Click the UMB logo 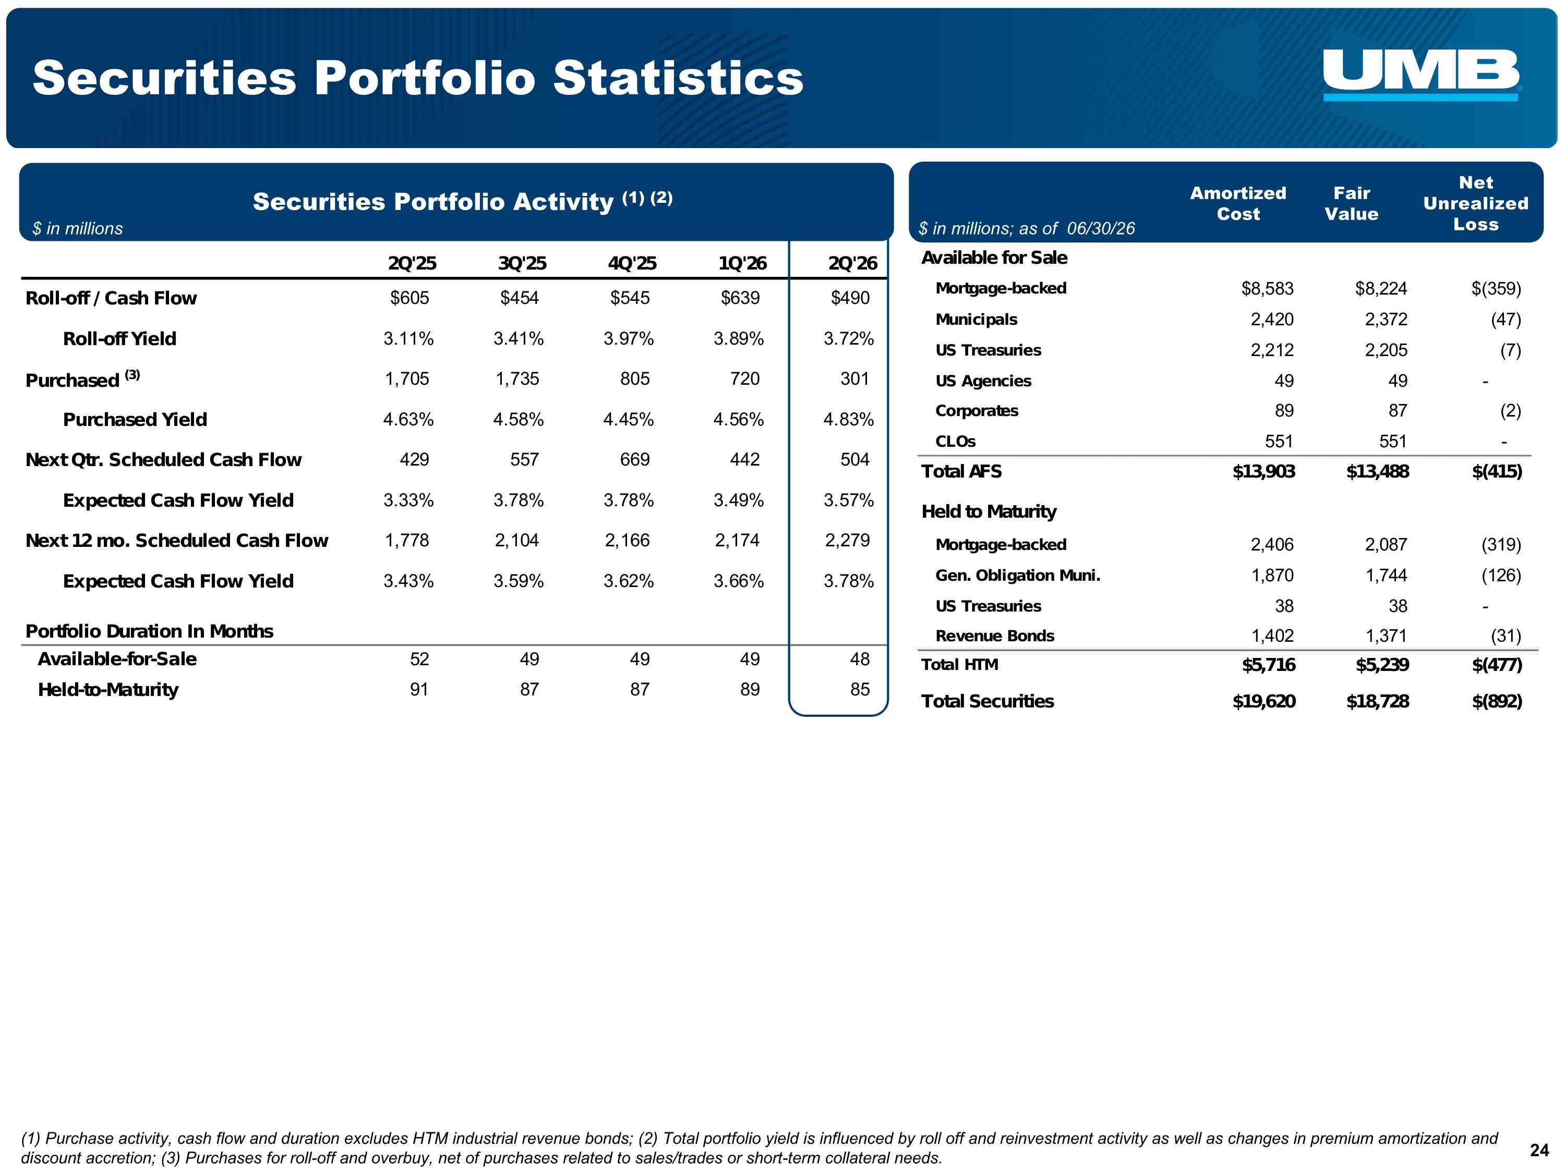click(x=1422, y=75)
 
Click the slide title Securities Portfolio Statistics click(x=418, y=77)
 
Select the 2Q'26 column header click(x=852, y=263)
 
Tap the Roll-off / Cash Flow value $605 click(x=410, y=298)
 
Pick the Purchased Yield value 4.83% click(x=848, y=419)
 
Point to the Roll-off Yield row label click(x=119, y=339)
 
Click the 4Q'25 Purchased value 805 click(x=635, y=379)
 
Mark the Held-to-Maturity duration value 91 click(x=419, y=689)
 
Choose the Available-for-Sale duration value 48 click(x=860, y=659)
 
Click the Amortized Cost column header click(x=1238, y=204)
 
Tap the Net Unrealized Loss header click(x=1476, y=204)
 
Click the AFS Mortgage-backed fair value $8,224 click(x=1381, y=288)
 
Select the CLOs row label click(x=955, y=441)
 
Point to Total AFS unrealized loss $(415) click(x=1497, y=472)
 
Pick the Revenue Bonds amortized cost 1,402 click(x=1273, y=636)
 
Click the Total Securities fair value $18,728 click(x=1378, y=701)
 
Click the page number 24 click(x=1539, y=1151)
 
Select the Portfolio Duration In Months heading click(x=149, y=631)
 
